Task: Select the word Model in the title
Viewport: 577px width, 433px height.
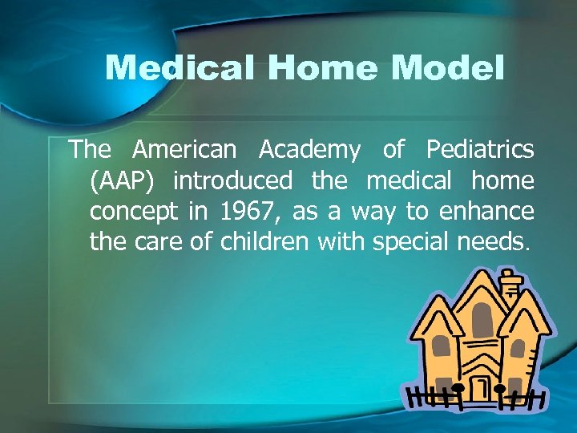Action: tap(448, 68)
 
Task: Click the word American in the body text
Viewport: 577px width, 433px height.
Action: tap(185, 150)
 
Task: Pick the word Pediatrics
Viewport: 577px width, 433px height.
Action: tap(480, 150)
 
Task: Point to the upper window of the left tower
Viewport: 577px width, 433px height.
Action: tap(442, 345)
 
